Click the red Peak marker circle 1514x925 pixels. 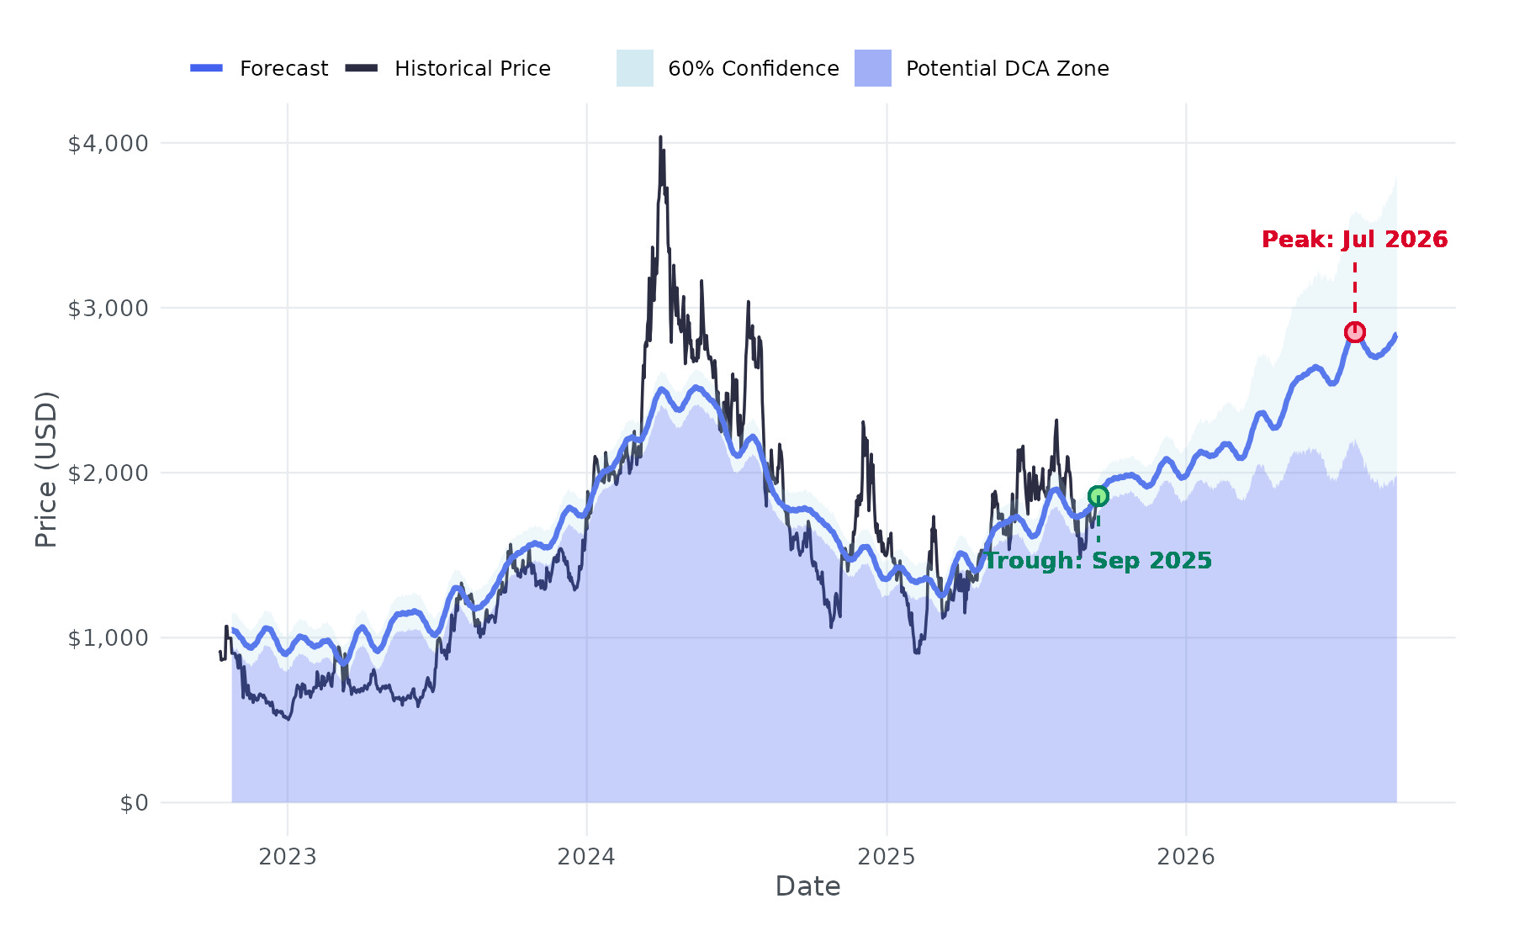pyautogui.click(x=1354, y=332)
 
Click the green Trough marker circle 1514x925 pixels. pyautogui.click(x=1098, y=496)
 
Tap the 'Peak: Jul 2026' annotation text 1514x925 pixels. pyautogui.click(x=1354, y=240)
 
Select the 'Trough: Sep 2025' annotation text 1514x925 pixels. pyautogui.click(x=1098, y=561)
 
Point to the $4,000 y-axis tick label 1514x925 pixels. pyautogui.click(x=108, y=144)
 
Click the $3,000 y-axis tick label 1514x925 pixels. pyautogui.click(x=108, y=309)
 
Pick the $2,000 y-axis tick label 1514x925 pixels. pyautogui.click(x=108, y=473)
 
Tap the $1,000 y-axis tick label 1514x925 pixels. pyautogui.click(x=108, y=638)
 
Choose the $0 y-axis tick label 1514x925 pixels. pyautogui.click(x=134, y=803)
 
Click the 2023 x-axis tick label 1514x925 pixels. pyautogui.click(x=288, y=857)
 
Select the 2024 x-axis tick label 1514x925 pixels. pyautogui.click(x=587, y=857)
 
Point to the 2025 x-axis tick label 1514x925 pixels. pyautogui.click(x=887, y=857)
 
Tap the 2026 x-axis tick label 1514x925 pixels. pyautogui.click(x=1186, y=857)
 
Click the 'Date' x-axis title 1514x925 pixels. pyautogui.click(x=807, y=886)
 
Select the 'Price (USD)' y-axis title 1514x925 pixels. pyautogui.click(x=46, y=469)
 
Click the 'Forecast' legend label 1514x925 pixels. pyautogui.click(x=283, y=69)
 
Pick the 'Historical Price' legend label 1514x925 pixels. pyautogui.click(x=473, y=69)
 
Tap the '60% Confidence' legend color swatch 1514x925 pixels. pyautogui.click(x=635, y=68)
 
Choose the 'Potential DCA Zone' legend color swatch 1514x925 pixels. pyautogui.click(x=873, y=68)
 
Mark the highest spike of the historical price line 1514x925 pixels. pyautogui.click(x=660, y=137)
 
